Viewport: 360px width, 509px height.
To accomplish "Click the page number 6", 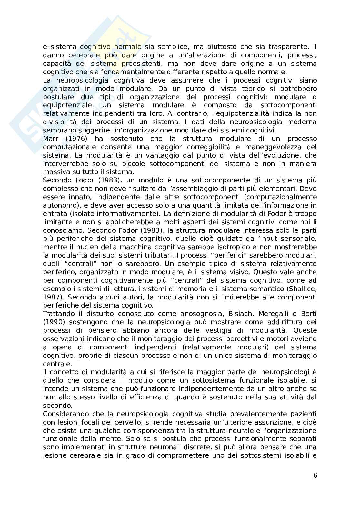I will click(315, 475).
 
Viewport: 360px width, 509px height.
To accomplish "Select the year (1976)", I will click(76, 139).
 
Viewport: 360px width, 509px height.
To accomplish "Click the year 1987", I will click(52, 297).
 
